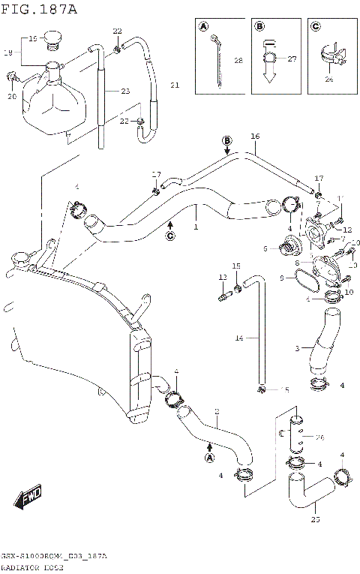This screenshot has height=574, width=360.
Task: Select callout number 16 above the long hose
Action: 254,136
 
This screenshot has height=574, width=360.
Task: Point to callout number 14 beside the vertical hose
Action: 238,338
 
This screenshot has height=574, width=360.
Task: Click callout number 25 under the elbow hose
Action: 314,518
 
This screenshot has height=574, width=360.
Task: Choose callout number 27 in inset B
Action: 292,59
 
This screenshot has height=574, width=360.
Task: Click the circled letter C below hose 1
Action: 169,236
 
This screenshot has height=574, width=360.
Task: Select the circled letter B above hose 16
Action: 227,140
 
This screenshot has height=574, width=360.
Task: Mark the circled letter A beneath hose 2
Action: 209,458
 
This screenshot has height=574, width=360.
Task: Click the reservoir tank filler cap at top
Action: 52,37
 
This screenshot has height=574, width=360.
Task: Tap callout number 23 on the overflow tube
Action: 124,91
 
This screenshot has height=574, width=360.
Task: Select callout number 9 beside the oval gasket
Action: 282,278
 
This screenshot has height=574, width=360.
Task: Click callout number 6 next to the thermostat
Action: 265,248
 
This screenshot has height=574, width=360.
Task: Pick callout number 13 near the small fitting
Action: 222,277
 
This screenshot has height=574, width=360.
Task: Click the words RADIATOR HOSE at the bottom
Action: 37,568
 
